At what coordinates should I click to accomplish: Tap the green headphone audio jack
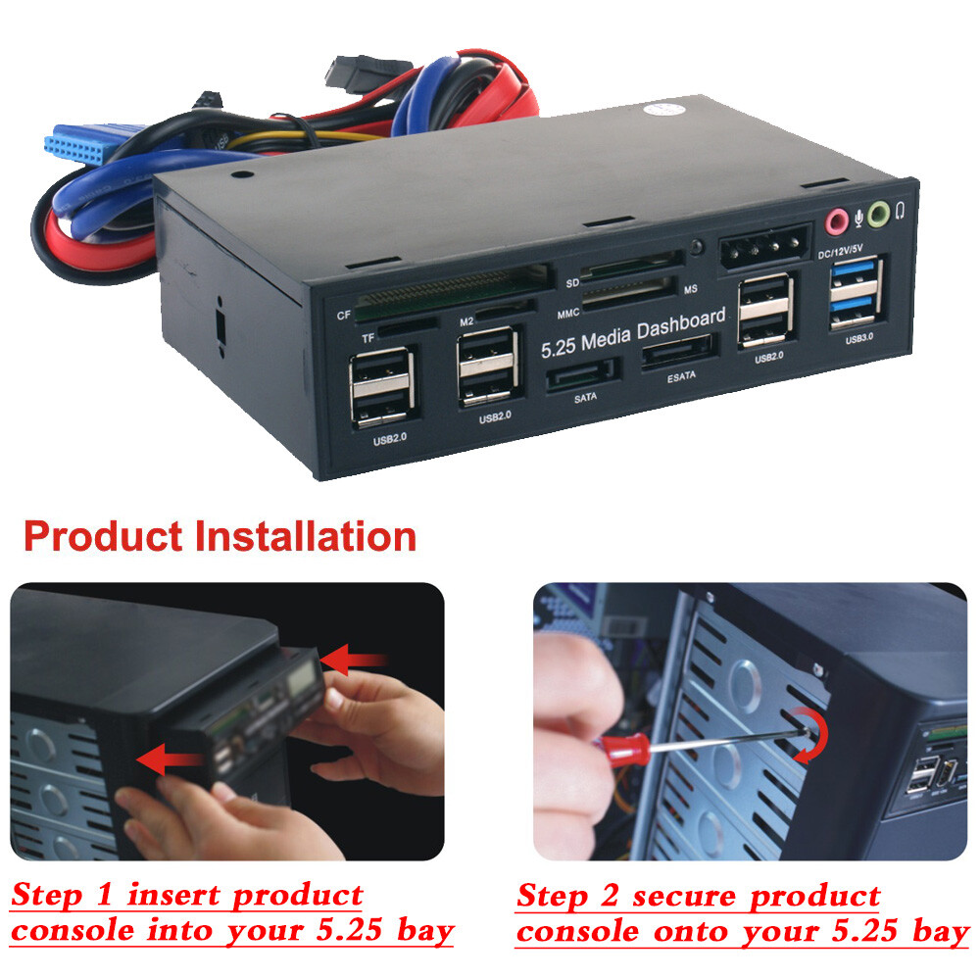coord(878,212)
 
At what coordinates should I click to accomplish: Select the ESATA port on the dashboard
coord(677,354)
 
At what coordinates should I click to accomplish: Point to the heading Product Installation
coord(220,536)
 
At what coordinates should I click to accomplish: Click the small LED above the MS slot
coord(695,245)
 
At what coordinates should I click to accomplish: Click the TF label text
coord(368,338)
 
